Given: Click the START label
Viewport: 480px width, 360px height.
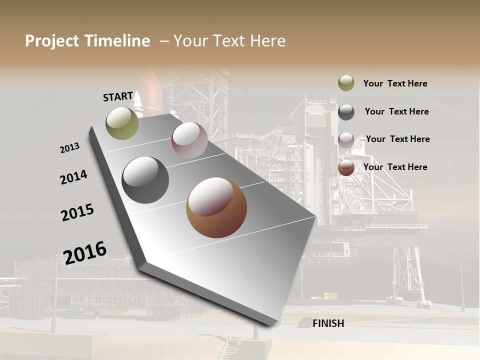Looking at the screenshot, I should pos(118,96).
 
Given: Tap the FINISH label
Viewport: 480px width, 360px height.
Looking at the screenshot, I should pos(328,323).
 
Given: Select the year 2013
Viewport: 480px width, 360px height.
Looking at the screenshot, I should pos(69,148).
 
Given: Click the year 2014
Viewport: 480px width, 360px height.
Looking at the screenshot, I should pos(74,177).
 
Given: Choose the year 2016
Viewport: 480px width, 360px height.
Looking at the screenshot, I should pos(85,252).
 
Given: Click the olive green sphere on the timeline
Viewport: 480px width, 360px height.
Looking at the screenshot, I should pos(122,123).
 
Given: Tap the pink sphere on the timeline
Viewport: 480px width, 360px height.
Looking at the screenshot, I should pos(189,140).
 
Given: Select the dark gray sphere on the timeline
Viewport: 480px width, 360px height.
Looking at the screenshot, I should pos(145,180).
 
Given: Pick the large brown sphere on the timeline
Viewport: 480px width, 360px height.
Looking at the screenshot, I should pos(216,207).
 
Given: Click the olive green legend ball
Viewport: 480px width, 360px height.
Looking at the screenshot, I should pos(346,83).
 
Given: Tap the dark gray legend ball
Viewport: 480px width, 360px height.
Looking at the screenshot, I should pos(346,112).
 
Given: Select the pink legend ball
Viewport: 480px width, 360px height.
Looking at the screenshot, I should pos(346,140).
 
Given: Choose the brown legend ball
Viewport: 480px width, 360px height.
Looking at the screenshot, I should pos(346,168).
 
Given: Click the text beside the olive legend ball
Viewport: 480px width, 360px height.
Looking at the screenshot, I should pos(395,83).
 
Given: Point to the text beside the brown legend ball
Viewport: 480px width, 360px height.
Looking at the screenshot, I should pos(395,167).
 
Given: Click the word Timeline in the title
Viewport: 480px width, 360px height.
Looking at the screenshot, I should pos(117,41).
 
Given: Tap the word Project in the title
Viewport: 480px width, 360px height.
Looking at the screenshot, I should pos(52,41).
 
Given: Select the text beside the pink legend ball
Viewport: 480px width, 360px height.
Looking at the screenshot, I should pos(397,139).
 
